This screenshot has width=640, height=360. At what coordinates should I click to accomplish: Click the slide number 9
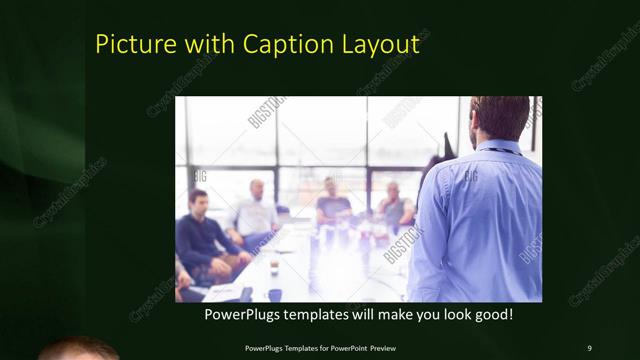click(589, 347)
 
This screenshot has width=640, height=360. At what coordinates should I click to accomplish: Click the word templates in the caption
click(320, 314)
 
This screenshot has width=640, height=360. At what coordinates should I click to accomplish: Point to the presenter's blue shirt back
click(480, 220)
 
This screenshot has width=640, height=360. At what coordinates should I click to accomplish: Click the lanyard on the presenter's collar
click(497, 151)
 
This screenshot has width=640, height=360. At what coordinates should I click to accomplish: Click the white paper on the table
click(223, 292)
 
